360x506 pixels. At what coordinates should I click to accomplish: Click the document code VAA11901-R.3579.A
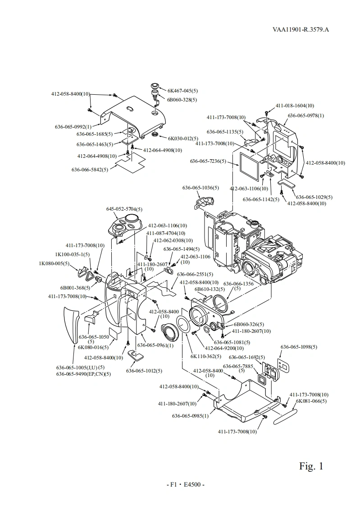(x=301, y=30)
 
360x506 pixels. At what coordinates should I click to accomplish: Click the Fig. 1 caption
(x=311, y=466)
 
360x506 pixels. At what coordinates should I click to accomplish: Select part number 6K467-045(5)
(x=182, y=90)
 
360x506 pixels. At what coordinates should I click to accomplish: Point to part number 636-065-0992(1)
(x=73, y=127)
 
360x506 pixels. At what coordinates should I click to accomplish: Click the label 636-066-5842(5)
(x=90, y=170)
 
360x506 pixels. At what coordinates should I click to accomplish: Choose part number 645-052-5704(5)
(x=124, y=209)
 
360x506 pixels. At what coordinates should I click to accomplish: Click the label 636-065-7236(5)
(x=208, y=161)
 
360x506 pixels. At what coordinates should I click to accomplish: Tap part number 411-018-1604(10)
(x=295, y=106)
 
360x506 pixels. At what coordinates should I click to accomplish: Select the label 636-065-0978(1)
(x=306, y=115)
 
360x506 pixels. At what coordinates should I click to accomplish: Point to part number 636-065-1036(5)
(x=201, y=188)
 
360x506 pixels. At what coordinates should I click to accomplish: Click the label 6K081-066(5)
(x=311, y=401)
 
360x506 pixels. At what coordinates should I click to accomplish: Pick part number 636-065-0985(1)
(x=190, y=416)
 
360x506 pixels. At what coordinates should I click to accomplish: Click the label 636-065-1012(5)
(x=144, y=371)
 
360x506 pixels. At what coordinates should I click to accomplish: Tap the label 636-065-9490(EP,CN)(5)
(x=83, y=374)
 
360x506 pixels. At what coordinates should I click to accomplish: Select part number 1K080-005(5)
(x=54, y=263)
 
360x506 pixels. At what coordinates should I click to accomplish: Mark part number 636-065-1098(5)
(x=299, y=347)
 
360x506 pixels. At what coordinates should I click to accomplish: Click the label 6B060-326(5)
(x=249, y=324)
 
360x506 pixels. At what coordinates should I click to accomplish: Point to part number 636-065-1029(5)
(x=314, y=197)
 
